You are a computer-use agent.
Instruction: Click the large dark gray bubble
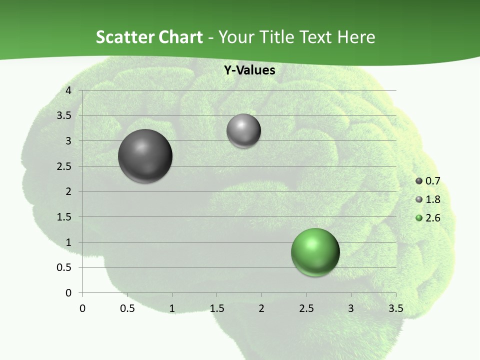145,156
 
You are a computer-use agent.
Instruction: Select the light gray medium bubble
243,131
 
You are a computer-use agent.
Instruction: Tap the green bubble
315,252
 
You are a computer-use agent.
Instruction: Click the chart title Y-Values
249,70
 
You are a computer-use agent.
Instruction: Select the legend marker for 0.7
419,181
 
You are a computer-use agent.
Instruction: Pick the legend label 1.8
433,199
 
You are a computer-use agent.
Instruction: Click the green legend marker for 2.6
419,218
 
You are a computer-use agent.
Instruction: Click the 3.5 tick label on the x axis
395,308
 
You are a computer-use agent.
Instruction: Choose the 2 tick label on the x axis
261,308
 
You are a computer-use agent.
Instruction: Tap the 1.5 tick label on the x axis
216,308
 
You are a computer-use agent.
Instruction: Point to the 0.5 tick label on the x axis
127,308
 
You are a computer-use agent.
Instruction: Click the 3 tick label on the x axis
351,308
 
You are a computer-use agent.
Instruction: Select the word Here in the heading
356,37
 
